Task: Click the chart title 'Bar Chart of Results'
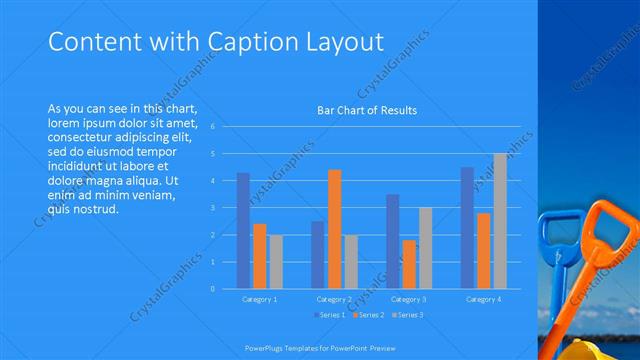click(x=367, y=110)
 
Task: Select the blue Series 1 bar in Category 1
click(x=243, y=231)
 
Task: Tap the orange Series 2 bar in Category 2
click(x=334, y=229)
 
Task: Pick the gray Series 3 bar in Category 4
click(x=500, y=221)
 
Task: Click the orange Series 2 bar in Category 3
click(x=409, y=264)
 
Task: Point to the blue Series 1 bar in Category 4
click(x=467, y=228)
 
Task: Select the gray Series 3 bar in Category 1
click(x=275, y=262)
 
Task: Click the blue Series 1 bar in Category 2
click(x=318, y=255)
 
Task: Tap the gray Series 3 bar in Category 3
click(x=425, y=248)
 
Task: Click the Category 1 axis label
click(x=260, y=299)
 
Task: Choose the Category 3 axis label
click(x=408, y=299)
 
